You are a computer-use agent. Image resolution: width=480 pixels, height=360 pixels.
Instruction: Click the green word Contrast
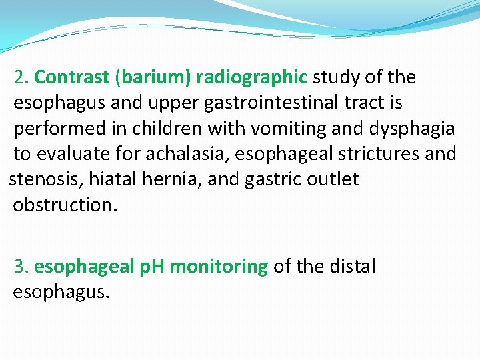[x=71, y=77]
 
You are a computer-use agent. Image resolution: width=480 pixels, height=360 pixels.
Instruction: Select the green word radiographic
[x=250, y=78]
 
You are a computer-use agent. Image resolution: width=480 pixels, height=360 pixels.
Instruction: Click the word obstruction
[x=65, y=205]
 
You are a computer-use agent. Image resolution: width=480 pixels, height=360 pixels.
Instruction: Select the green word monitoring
[x=219, y=267]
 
